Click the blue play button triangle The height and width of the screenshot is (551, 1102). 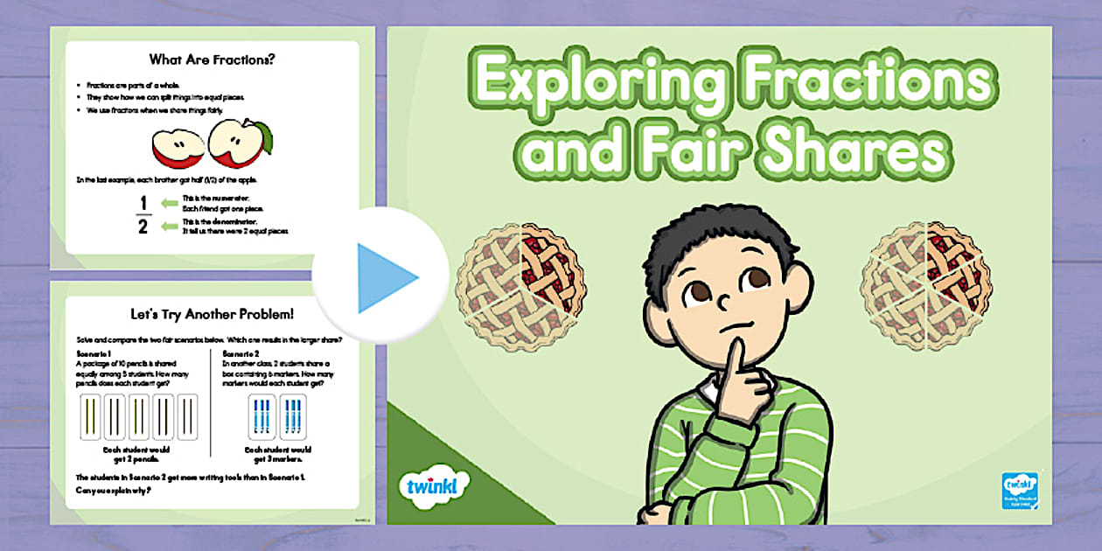(x=386, y=277)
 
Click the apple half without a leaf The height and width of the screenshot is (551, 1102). (x=178, y=148)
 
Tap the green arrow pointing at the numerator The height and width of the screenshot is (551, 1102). (x=170, y=204)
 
